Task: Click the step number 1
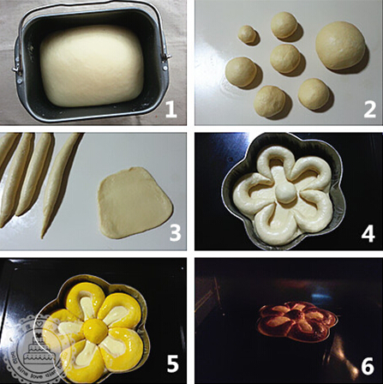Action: [170, 110]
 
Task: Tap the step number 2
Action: [362, 110]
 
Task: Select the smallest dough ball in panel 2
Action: [248, 34]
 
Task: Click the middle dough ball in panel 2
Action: [285, 59]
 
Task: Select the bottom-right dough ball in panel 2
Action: [314, 94]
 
